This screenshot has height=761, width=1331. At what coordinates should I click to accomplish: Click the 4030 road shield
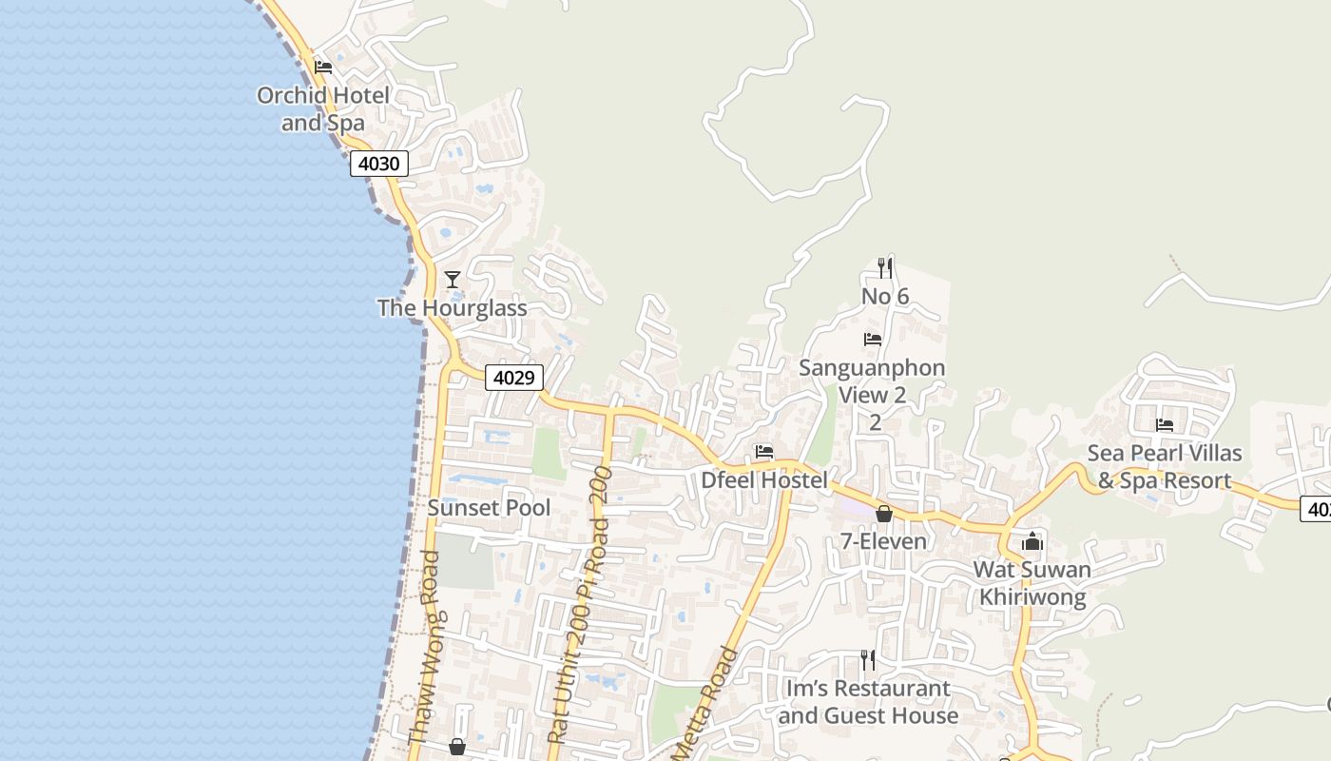pos(379,164)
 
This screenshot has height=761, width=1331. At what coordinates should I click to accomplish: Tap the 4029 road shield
pos(513,378)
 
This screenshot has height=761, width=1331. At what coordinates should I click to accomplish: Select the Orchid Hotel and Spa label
pos(323,109)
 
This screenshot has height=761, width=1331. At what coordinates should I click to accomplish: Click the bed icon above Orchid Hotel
pos(323,68)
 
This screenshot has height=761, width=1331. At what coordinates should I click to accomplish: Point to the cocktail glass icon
pos(453,279)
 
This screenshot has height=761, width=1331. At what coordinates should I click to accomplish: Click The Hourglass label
pos(452,308)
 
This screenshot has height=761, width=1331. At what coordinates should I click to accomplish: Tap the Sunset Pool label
pos(489,508)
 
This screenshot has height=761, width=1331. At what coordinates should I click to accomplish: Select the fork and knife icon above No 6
pos(885,268)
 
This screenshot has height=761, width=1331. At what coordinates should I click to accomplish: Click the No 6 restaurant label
pos(885,297)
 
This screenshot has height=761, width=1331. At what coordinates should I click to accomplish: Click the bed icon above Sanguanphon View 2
pos(873,340)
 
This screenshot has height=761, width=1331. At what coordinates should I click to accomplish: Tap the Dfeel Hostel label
pos(764,480)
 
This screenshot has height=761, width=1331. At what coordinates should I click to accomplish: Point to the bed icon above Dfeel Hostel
pos(764,452)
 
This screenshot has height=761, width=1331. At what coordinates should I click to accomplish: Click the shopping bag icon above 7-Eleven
pos(884,514)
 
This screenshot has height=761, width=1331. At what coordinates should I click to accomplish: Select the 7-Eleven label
pos(883,541)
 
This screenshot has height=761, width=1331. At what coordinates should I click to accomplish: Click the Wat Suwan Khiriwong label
pos(1032,583)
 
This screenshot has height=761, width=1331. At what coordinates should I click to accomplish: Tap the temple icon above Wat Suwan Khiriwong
pos(1032,542)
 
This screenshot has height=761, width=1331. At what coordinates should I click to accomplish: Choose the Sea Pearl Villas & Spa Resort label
pos(1165,467)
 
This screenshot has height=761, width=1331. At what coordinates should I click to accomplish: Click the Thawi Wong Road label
pos(424,647)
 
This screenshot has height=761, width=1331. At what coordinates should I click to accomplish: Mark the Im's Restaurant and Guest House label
pos(868,702)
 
